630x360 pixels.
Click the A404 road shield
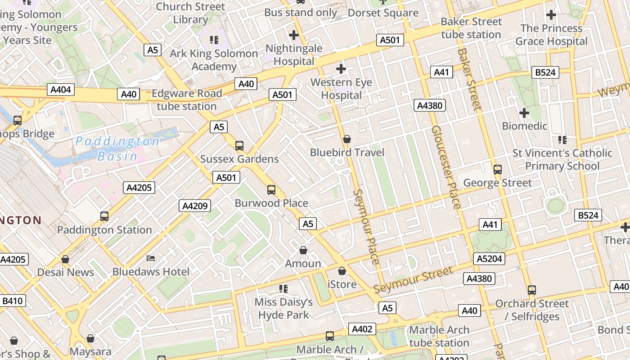[61, 90]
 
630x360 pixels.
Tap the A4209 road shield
[195, 206]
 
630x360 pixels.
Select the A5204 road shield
[489, 259]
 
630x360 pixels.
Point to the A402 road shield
[362, 329]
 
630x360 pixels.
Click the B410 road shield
[13, 301]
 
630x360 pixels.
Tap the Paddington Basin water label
[117, 148]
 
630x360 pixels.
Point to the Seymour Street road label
[413, 280]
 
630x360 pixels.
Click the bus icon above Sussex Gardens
[239, 146]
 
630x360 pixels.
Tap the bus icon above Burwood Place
[271, 190]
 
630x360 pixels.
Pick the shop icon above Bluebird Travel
[347, 139]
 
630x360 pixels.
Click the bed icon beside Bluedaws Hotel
[151, 258]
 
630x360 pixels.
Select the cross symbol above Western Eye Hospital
[341, 69]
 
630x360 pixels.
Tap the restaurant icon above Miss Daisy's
[283, 288]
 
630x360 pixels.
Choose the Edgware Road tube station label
[187, 100]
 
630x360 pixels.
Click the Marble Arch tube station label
[439, 336]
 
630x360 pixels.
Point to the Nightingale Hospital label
[294, 54]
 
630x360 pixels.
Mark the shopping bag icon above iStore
[342, 271]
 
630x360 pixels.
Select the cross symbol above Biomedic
[524, 112]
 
